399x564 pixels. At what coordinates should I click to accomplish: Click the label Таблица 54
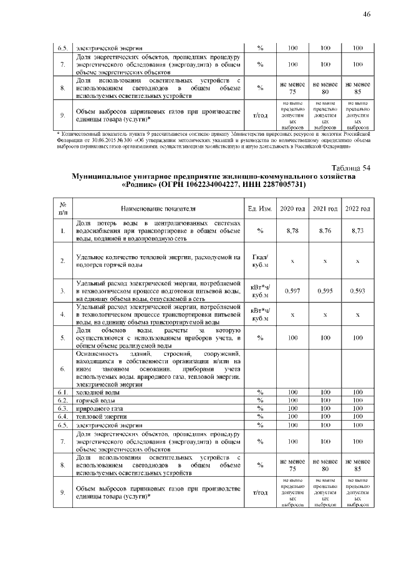pyautogui.click(x=351, y=168)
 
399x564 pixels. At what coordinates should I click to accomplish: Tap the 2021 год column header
pyautogui.click(x=325, y=208)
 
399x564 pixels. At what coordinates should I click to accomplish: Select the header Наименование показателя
pyautogui.click(x=158, y=208)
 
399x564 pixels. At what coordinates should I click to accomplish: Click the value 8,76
pyautogui.click(x=325, y=231)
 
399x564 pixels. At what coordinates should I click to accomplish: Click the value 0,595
pyautogui.click(x=325, y=290)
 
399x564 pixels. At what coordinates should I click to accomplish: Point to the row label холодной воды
pyautogui.click(x=94, y=391)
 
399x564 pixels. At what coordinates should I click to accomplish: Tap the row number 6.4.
pyautogui.click(x=63, y=416)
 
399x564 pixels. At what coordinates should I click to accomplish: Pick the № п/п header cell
pyautogui.click(x=63, y=208)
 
